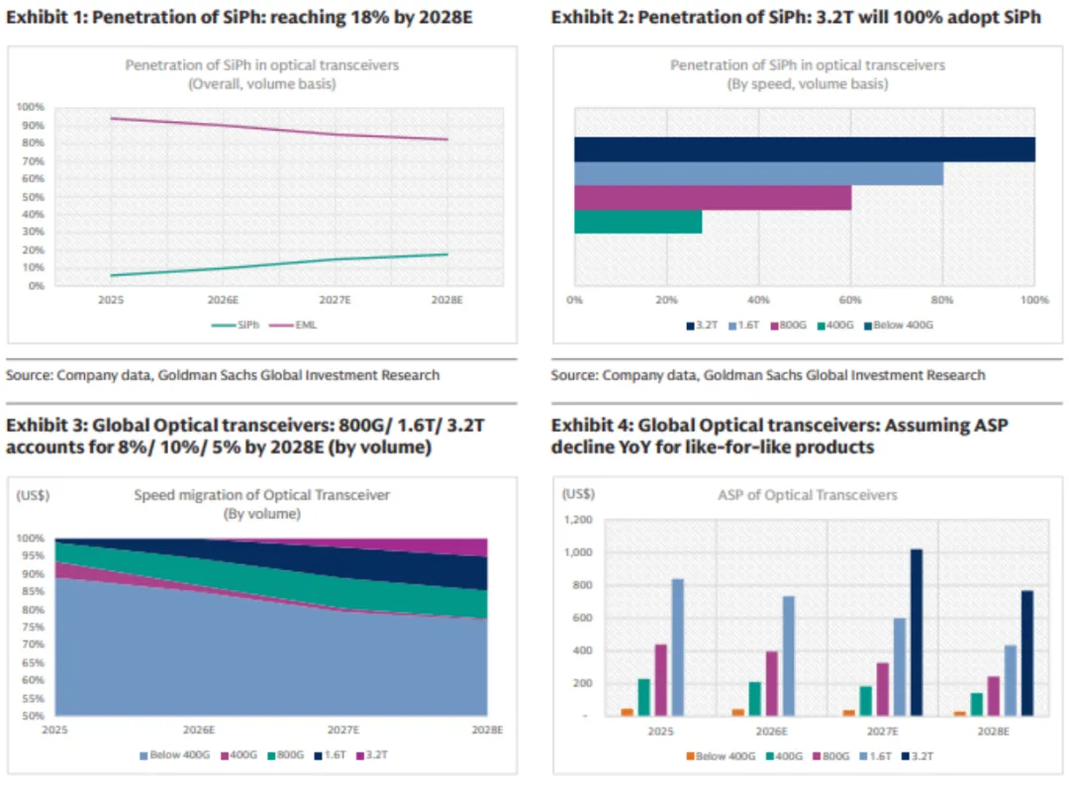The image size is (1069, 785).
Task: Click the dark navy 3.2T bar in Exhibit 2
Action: [x=804, y=149]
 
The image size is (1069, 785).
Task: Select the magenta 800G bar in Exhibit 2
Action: [x=712, y=197]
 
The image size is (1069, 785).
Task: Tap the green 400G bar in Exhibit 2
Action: [x=637, y=222]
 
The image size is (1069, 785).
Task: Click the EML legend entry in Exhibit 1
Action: [x=303, y=324]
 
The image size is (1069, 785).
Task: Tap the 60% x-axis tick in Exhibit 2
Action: [x=850, y=300]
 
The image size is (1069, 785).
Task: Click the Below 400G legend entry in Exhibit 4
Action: [x=724, y=756]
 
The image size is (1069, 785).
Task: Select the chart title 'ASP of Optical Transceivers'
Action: [x=808, y=495]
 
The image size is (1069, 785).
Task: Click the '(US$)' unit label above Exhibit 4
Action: [x=577, y=493]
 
